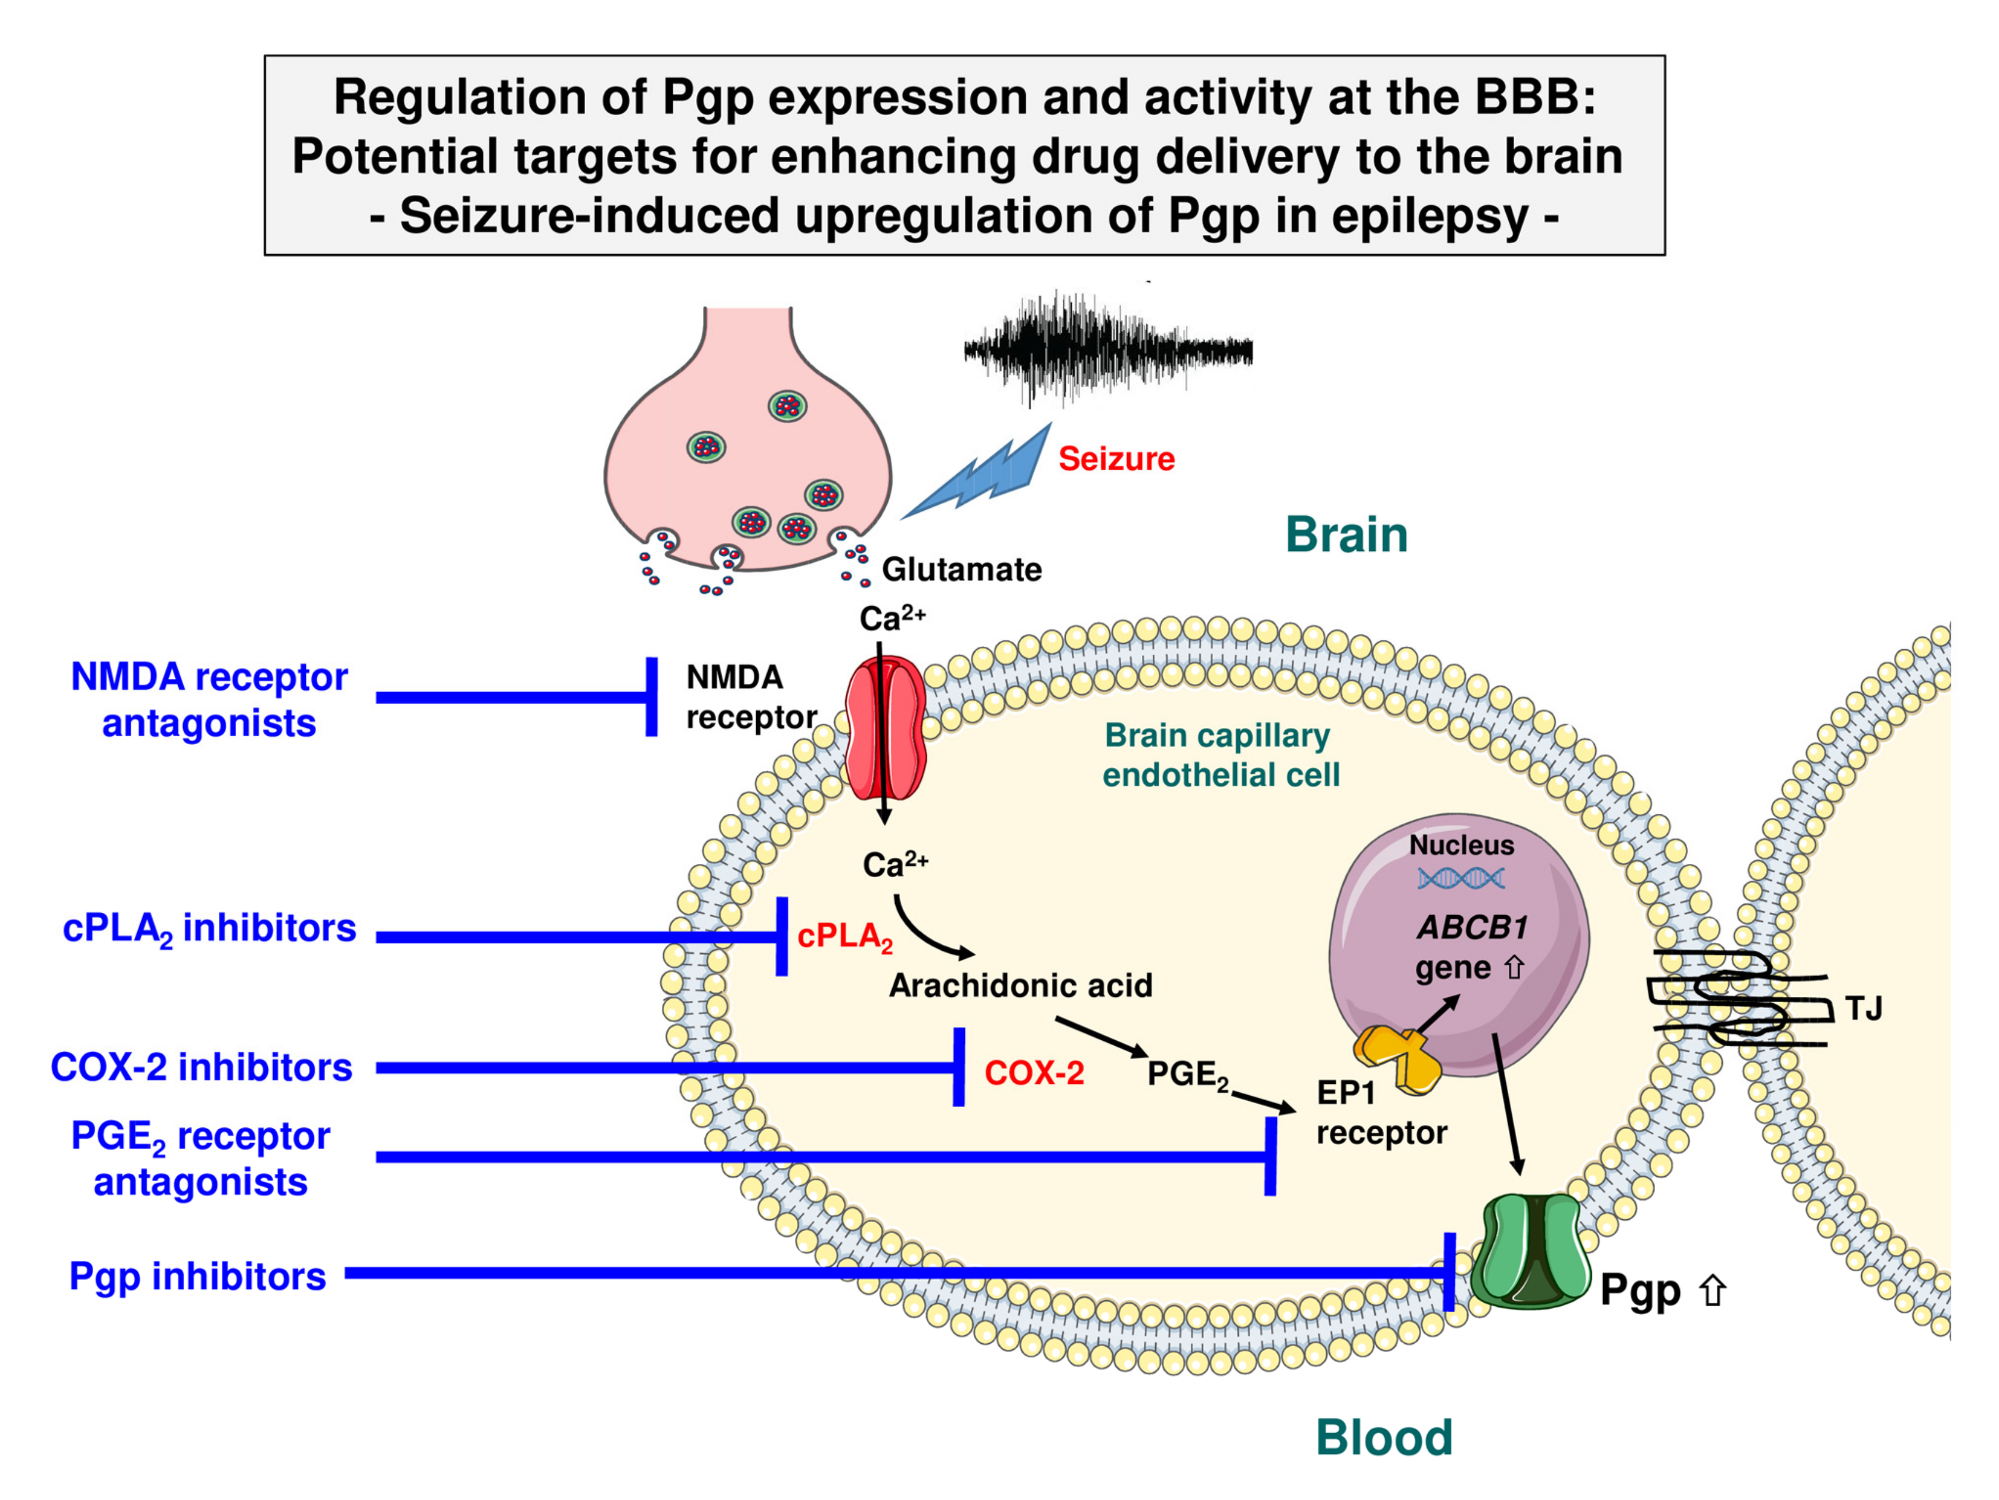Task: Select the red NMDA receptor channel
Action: click(885, 727)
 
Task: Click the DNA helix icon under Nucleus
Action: click(1460, 878)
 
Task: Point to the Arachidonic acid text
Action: click(1020, 985)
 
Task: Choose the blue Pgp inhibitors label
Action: click(197, 1276)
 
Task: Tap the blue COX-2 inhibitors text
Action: click(200, 1067)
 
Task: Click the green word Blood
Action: click(1384, 1437)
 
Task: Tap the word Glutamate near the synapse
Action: click(961, 569)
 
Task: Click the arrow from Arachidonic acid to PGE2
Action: click(1101, 1036)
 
